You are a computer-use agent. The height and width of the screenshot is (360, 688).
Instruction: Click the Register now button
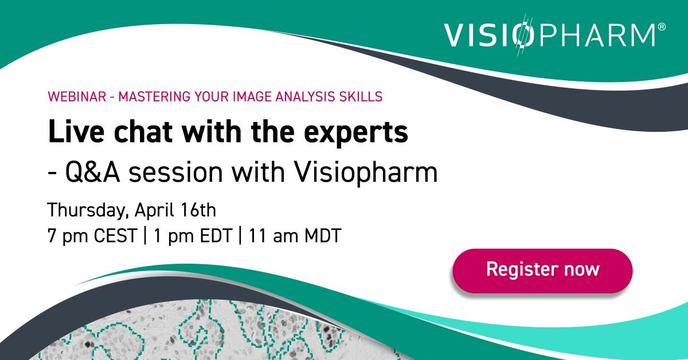[x=542, y=269]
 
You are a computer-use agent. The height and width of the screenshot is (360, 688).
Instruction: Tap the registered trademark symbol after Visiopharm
[x=662, y=27]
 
